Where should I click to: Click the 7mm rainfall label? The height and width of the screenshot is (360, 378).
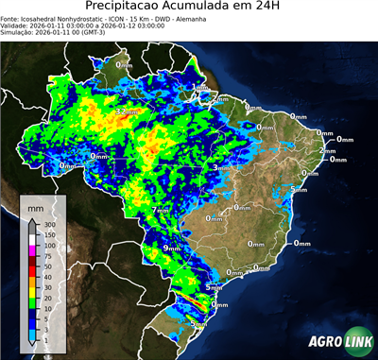click(x=161, y=210)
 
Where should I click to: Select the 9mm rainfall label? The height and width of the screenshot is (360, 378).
click(x=172, y=248)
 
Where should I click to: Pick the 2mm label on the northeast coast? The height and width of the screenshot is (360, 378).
click(x=328, y=151)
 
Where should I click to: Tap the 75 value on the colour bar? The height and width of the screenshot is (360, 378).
click(x=47, y=256)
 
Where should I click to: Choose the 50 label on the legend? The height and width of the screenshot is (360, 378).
click(x=47, y=267)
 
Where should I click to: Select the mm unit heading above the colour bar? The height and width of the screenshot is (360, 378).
click(x=36, y=207)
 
